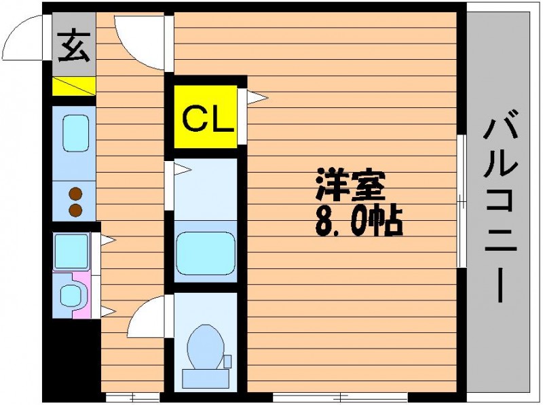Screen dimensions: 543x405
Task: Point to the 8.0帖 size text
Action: pos(359,222)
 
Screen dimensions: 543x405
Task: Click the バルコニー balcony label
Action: pos(501,205)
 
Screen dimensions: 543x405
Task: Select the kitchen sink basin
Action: pos(76,133)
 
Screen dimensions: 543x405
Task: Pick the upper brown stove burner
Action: pos(75,194)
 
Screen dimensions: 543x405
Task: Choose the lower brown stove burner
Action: pos(75,210)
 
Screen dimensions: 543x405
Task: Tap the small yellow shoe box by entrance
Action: pos(74,86)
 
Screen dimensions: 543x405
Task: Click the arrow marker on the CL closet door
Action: pos(257,97)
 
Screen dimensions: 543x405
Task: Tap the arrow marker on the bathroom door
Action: pos(183,170)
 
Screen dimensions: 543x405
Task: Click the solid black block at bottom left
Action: pos(72,361)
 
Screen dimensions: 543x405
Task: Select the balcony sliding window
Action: pos(462,201)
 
